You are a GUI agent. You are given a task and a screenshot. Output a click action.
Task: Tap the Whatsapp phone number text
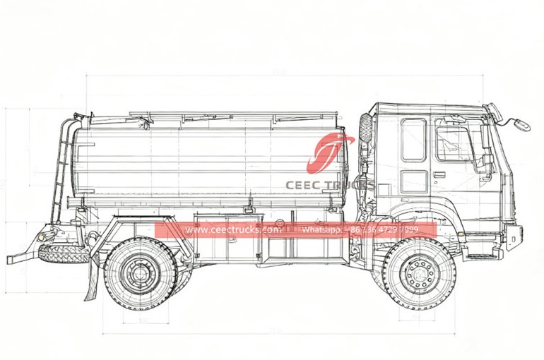(x=369, y=230)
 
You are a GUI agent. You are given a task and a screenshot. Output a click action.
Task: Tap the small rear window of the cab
(x=413, y=139)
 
